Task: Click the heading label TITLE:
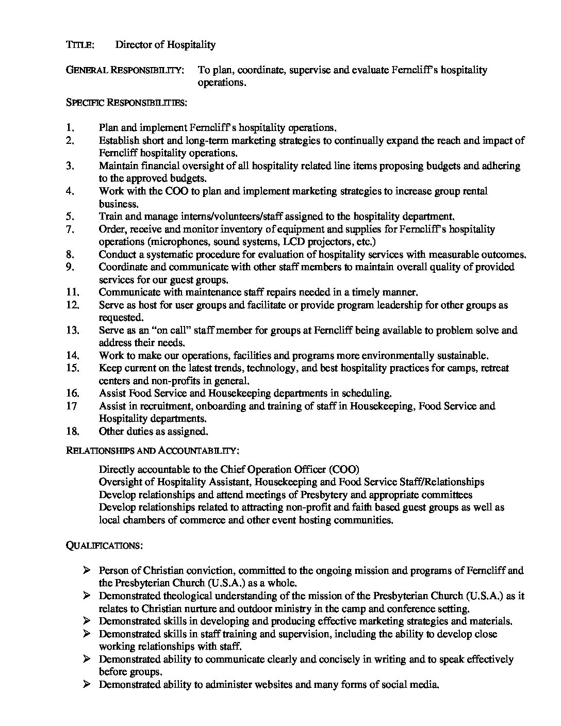pos(80,45)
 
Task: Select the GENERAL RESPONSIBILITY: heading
pos(125,70)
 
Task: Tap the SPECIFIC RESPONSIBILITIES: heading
pos(126,103)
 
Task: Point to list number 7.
pos(71,229)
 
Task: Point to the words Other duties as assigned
pos(153,431)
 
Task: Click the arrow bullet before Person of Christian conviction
pos(86,570)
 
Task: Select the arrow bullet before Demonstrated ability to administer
pos(86,684)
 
